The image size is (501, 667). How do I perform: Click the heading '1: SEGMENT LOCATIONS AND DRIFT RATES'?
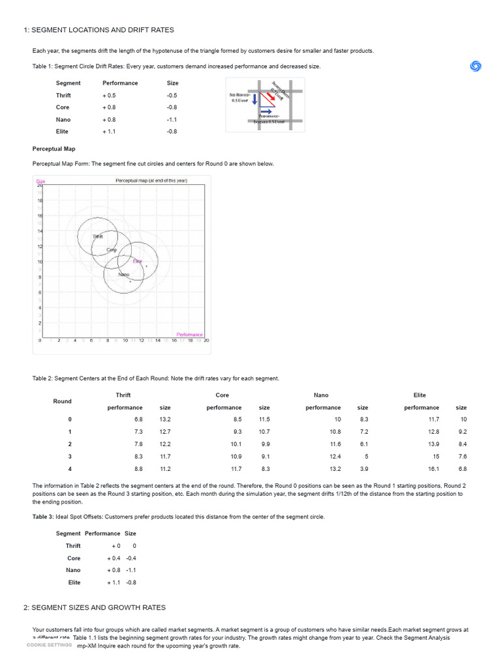pos(99,30)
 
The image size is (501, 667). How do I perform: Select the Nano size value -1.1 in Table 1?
pos(172,120)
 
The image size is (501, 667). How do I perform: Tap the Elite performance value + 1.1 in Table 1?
pos(109,132)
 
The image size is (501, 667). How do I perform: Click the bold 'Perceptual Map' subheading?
pos(54,149)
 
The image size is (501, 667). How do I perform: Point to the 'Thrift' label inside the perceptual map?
pos(98,236)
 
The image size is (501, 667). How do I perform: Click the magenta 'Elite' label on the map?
pos(138,261)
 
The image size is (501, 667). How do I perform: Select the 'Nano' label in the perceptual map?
pos(123,275)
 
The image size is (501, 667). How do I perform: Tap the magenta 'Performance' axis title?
pos(189,335)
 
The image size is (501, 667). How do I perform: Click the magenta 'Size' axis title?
pos(40,181)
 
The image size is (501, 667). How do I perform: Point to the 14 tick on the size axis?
pos(40,231)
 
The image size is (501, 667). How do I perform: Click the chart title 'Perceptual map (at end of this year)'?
pos(151,180)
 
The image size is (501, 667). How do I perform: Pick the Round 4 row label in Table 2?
pos(70,469)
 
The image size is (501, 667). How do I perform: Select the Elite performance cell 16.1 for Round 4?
pos(431,469)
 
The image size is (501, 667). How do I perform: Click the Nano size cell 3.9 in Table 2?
pos(363,469)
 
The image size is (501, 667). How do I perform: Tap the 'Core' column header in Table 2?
pos(222,395)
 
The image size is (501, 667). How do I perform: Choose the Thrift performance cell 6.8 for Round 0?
pos(138,419)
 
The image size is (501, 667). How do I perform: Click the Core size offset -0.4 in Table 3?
pos(130,558)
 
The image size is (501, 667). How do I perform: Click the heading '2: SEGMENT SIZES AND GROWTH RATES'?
pos(95,608)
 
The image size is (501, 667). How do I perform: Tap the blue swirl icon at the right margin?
pos(476,66)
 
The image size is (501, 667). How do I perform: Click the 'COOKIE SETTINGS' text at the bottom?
pos(49,645)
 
